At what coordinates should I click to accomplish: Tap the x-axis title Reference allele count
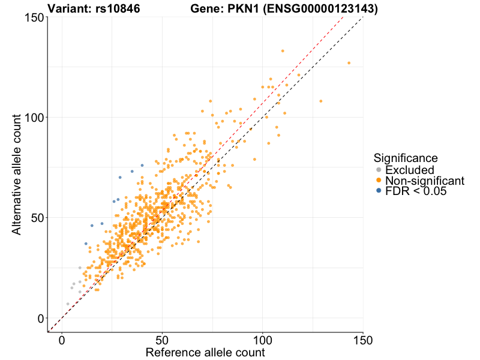pos(205,352)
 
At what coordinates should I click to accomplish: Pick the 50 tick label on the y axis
pos(36,217)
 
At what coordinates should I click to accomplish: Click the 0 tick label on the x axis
pos(62,340)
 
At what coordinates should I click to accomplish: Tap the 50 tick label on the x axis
pos(162,340)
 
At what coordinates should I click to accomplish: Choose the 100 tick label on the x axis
pos(262,340)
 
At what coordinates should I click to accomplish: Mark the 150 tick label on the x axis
pos(362,340)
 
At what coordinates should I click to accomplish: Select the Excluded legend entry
pos(408,170)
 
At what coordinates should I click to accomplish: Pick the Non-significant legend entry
pos(424,181)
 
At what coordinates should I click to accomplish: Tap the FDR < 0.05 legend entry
pos(416,191)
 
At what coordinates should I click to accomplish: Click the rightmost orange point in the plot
pos(349,63)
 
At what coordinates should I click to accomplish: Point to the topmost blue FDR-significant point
pos(142,165)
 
